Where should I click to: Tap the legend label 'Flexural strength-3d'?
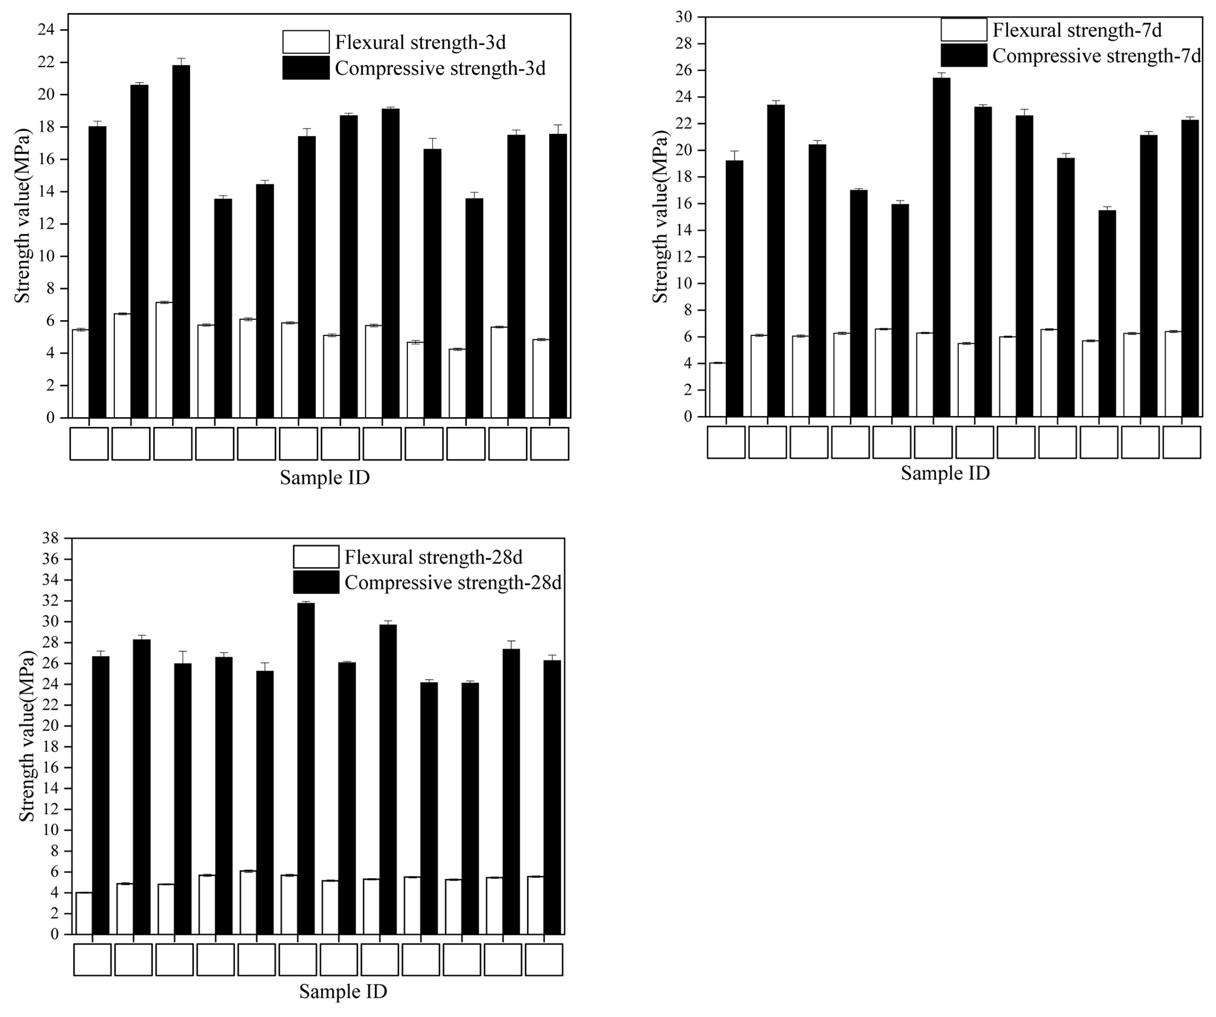(x=420, y=42)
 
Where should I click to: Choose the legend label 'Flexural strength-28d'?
(x=434, y=557)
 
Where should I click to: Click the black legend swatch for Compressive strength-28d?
(x=316, y=582)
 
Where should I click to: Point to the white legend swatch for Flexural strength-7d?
(x=964, y=30)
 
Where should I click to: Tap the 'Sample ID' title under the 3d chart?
(x=325, y=478)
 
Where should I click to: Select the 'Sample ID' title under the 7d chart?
(x=945, y=473)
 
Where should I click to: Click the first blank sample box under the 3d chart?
(x=89, y=444)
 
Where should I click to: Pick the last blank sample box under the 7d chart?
(x=1181, y=442)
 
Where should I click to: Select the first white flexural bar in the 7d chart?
(x=717, y=390)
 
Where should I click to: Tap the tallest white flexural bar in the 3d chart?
(x=165, y=360)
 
